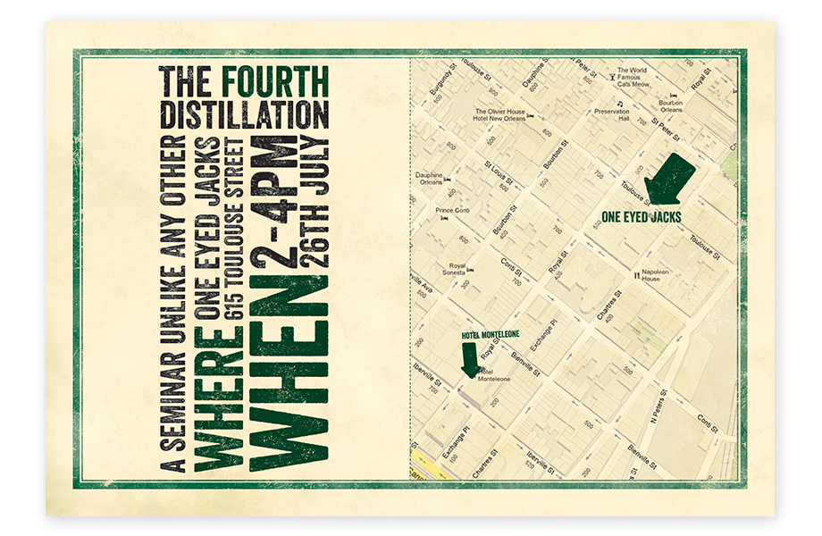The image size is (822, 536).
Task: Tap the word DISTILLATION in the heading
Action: click(x=244, y=114)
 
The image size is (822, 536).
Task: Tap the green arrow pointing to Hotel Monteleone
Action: click(x=468, y=360)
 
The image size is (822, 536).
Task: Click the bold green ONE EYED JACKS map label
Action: click(x=642, y=216)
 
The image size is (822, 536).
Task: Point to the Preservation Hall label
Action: click(x=612, y=113)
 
